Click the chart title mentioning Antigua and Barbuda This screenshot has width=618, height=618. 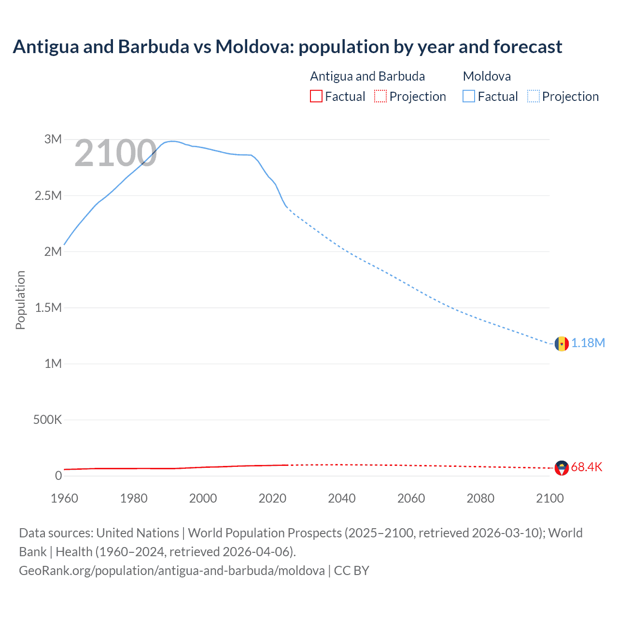(x=287, y=47)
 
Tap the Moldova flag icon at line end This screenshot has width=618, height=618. (x=561, y=343)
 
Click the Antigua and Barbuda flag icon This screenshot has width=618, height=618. (x=562, y=468)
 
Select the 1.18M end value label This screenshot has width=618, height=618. (x=588, y=343)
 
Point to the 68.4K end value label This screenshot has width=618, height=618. (x=587, y=467)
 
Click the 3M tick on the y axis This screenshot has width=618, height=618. (x=53, y=140)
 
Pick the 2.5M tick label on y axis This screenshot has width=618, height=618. (x=48, y=196)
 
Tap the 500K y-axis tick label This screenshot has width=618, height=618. (x=47, y=420)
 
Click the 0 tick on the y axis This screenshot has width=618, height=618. (x=58, y=476)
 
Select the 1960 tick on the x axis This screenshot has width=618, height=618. (x=64, y=498)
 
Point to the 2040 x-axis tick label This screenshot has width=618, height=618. (x=342, y=498)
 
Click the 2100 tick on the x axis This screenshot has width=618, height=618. (x=550, y=498)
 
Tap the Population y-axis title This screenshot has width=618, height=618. (x=20, y=300)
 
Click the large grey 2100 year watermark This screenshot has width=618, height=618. (x=115, y=154)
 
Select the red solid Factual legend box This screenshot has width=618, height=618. (x=316, y=96)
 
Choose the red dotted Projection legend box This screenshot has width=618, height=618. (x=380, y=96)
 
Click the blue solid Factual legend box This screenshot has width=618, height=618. (x=469, y=96)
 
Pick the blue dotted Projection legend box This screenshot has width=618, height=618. (x=534, y=96)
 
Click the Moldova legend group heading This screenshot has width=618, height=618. (x=487, y=76)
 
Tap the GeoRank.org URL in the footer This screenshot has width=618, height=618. (x=172, y=570)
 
